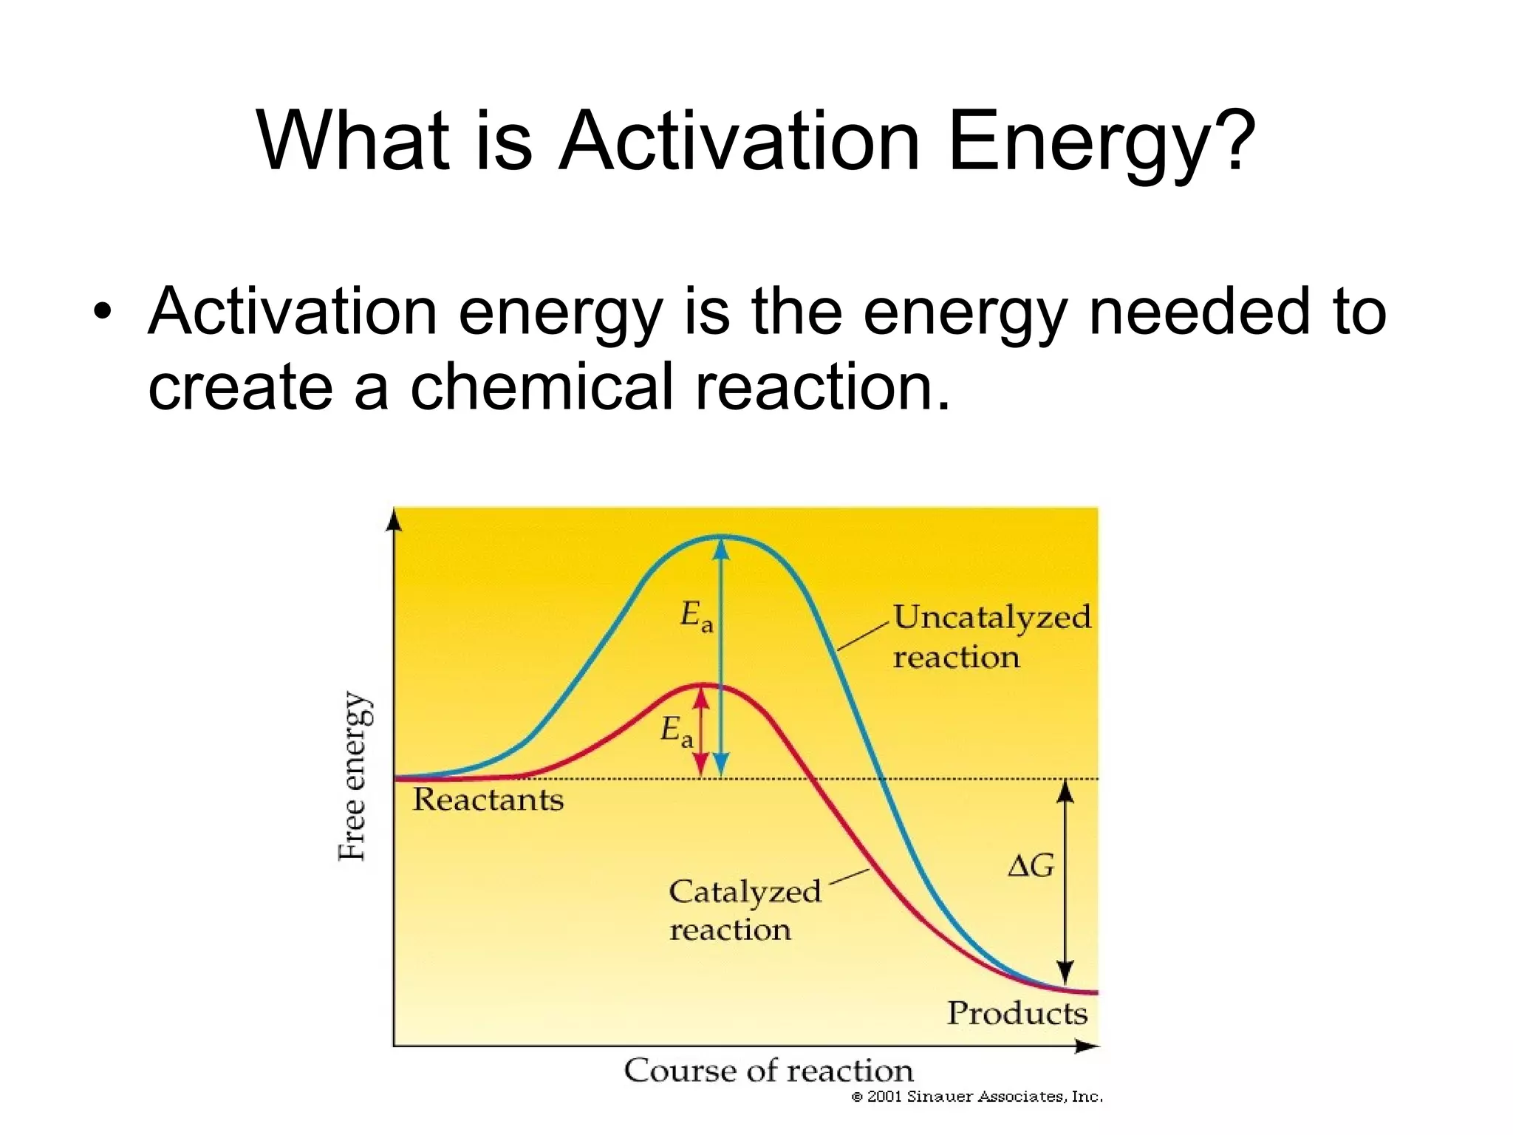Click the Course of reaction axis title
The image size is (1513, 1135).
(x=768, y=1071)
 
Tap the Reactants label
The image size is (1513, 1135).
(x=488, y=800)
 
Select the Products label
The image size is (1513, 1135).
(x=1017, y=1013)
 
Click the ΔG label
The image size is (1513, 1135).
(x=1031, y=865)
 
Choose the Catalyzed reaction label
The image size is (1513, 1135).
(x=744, y=910)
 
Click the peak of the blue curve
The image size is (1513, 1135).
(x=722, y=536)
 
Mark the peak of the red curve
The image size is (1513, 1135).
(x=703, y=686)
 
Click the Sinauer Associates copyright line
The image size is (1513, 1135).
(x=977, y=1097)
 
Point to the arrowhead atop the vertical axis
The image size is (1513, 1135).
(x=395, y=519)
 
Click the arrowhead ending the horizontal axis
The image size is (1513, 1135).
(x=1087, y=1046)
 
